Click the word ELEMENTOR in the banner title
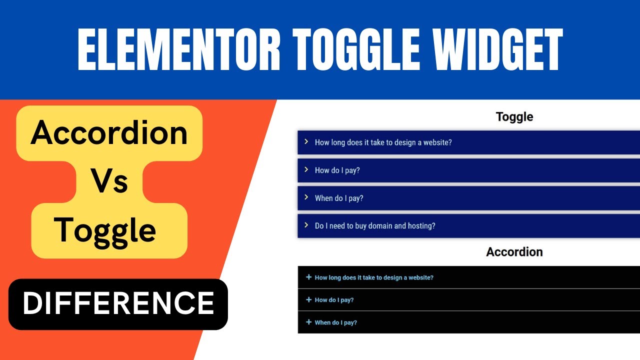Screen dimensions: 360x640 tap(179, 50)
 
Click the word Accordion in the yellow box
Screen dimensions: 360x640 tap(109, 133)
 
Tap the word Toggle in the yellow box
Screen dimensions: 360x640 tap(105, 230)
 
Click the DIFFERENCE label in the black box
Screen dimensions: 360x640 tap(118, 303)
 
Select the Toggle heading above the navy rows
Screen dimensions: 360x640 tap(514, 117)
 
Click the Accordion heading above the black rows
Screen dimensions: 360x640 tap(514, 252)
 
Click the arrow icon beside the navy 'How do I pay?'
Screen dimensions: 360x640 tap(306, 169)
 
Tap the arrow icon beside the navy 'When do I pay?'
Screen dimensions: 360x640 tap(306, 197)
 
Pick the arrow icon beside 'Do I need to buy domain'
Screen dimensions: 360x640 tap(306, 225)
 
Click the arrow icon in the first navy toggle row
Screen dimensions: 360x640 tap(306, 141)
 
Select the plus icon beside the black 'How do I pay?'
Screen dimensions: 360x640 tap(308, 299)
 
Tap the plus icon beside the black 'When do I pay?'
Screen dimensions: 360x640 tap(308, 322)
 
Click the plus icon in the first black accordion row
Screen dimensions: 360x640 tap(308, 277)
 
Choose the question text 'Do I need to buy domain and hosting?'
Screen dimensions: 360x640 tap(375, 226)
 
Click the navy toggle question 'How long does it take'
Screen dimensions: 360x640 tap(383, 142)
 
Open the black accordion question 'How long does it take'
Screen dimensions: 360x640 tap(374, 277)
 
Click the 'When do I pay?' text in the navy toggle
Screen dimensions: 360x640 tap(339, 198)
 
